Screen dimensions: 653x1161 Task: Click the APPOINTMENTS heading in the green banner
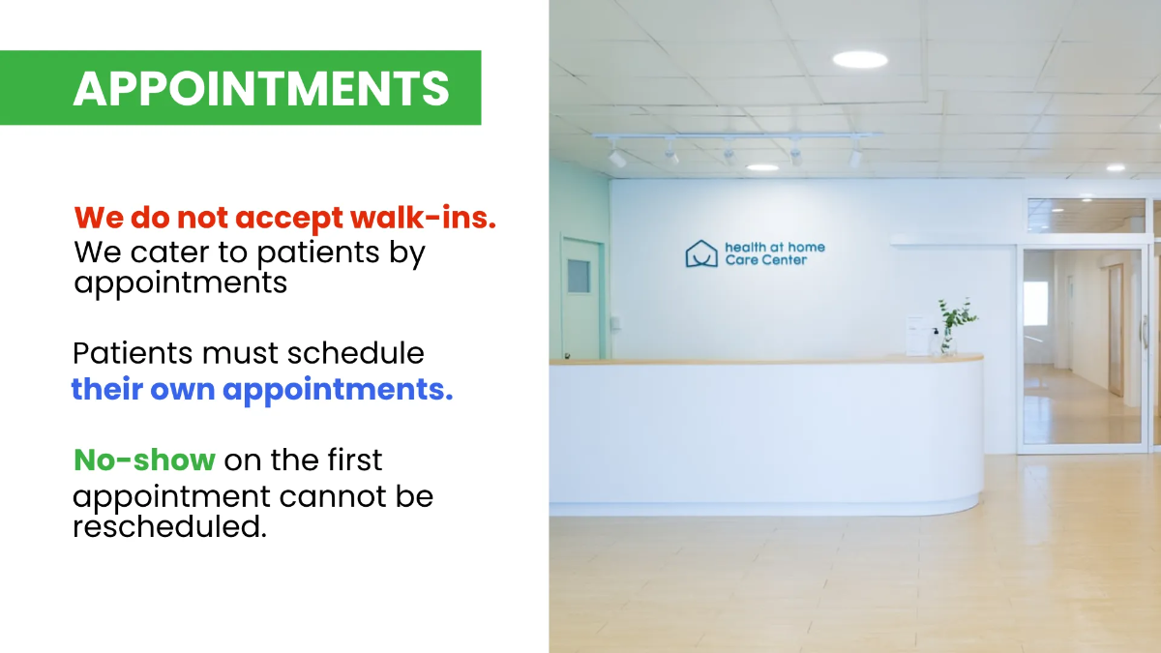(261, 89)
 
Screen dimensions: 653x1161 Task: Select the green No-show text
(144, 460)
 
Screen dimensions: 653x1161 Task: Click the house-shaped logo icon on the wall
(701, 254)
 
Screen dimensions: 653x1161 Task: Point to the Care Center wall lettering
(765, 260)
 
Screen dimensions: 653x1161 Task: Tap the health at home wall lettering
(774, 247)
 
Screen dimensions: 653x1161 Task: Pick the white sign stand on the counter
(916, 334)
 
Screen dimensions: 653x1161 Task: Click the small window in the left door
(578, 276)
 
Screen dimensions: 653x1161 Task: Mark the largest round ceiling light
(860, 59)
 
